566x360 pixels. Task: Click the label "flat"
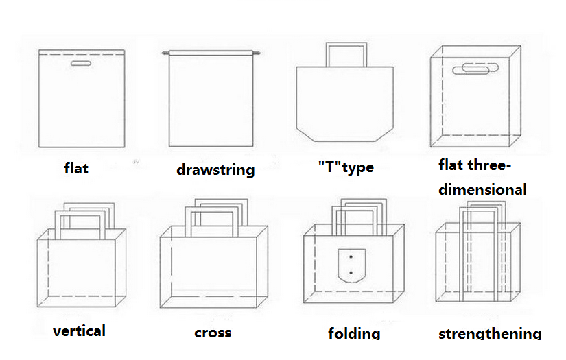pos(76,168)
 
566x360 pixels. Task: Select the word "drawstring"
pos(215,170)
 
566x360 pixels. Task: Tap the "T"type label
pos(346,167)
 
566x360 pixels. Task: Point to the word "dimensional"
pos(482,189)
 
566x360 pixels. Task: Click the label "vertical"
pos(79,331)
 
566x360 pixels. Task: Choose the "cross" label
pos(213,333)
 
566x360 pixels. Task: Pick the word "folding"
pos(354,333)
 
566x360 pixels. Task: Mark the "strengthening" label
pos(490,333)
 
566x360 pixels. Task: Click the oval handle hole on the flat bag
pos(81,64)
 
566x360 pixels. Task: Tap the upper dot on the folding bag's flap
pos(351,257)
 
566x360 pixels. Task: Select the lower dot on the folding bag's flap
pos(351,273)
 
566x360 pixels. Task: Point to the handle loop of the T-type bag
pos(346,44)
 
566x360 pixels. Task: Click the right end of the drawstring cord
pos(259,53)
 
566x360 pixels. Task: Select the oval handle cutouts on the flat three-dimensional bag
pos(475,68)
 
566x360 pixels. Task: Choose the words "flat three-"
pos(475,165)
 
